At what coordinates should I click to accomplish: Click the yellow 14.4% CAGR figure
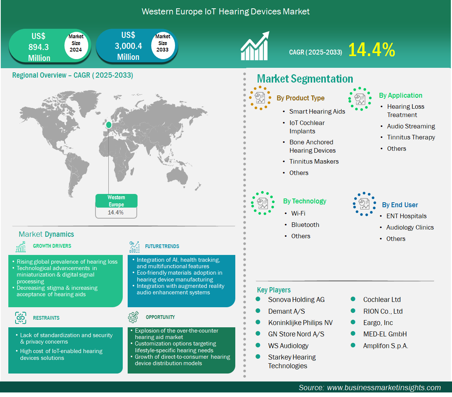coord(372,50)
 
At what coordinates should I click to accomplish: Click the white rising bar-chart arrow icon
coord(255,46)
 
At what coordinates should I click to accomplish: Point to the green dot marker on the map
coord(109,125)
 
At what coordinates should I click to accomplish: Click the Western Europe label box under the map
coord(116,206)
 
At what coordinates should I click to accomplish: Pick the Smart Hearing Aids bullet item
coord(317,112)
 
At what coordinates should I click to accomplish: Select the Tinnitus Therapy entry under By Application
coord(411,138)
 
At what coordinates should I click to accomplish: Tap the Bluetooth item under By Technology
coord(305,225)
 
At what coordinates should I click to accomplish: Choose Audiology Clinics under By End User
coord(410,227)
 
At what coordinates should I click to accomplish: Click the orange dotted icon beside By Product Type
coord(260,98)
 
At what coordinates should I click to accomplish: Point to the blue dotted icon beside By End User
coord(364,204)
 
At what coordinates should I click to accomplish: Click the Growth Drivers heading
coord(52,246)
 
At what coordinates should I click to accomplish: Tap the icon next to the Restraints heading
coord(20,318)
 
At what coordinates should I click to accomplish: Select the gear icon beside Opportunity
coord(133,317)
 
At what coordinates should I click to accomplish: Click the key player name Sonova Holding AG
coord(296,300)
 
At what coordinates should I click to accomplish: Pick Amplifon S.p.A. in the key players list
coord(386,346)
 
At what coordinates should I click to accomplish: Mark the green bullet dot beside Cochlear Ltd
coord(353,299)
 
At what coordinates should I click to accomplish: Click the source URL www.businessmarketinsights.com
coord(384,388)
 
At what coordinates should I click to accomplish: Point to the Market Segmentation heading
coord(305,79)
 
